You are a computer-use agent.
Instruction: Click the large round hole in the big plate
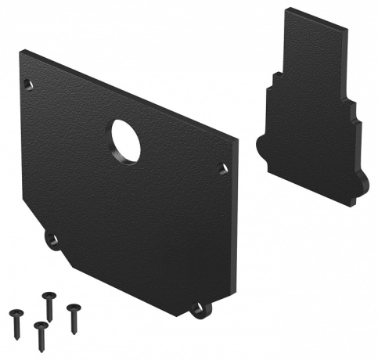pyautogui.click(x=125, y=141)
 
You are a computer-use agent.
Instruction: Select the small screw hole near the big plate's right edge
pyautogui.click(x=222, y=168)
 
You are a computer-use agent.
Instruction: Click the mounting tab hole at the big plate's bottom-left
pyautogui.click(x=52, y=239)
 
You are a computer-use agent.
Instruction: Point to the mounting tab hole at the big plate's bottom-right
pyautogui.click(x=201, y=309)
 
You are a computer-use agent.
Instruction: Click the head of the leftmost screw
pyautogui.click(x=16, y=313)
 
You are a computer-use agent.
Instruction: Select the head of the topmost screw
pyautogui.click(x=49, y=295)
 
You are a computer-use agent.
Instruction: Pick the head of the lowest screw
pyautogui.click(x=39, y=324)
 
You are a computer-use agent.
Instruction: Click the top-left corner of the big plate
pyautogui.click(x=21, y=52)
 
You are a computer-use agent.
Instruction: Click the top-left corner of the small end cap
pyautogui.click(x=286, y=9)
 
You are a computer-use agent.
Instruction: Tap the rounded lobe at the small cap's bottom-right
pyautogui.click(x=362, y=184)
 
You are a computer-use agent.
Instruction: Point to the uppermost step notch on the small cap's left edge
pyautogui.click(x=276, y=75)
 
